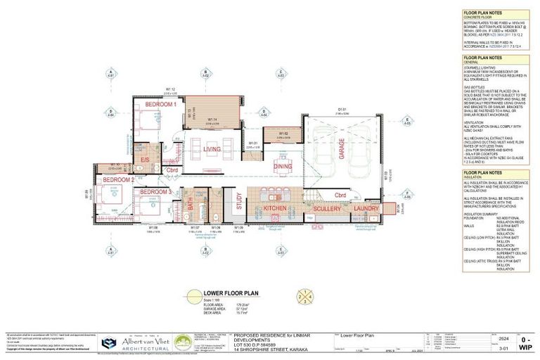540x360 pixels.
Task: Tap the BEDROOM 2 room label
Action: [x=118, y=180]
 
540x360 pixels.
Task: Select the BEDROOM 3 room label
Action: [x=155, y=192]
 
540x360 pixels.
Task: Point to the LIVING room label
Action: [x=212, y=149]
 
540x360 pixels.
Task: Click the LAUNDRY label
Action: [x=366, y=209]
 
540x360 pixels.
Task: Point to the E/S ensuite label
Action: [x=145, y=160]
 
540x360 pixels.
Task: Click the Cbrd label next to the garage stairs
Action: [x=340, y=195]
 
